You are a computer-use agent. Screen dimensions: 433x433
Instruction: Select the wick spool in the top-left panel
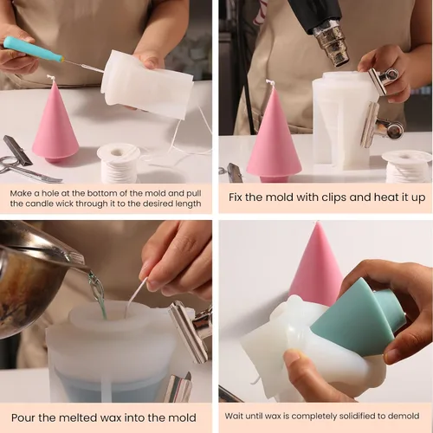[x=119, y=163]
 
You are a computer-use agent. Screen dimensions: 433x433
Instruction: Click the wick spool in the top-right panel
[x=407, y=166]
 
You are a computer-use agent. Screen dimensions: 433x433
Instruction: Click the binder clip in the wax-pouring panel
[x=189, y=329]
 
